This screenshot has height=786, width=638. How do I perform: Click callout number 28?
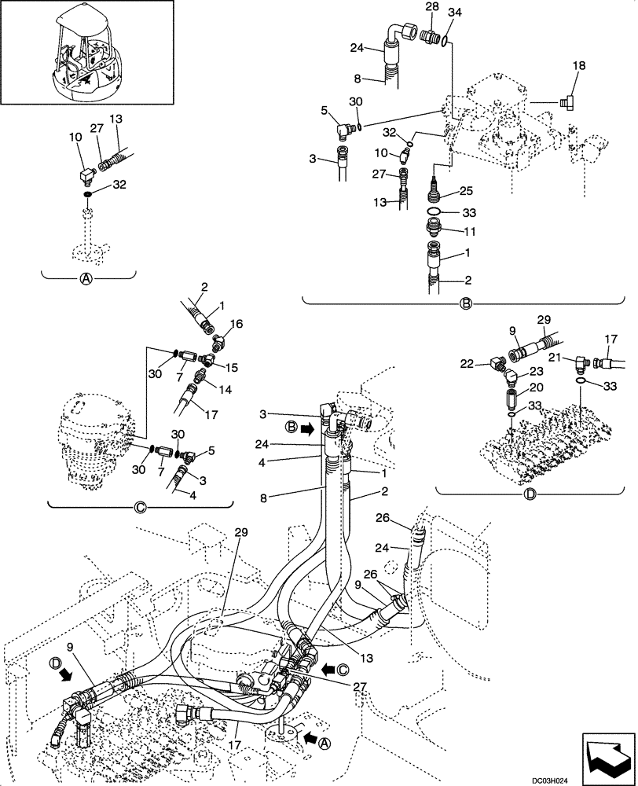coord(409,7)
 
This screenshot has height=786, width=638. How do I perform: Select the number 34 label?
coord(433,12)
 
